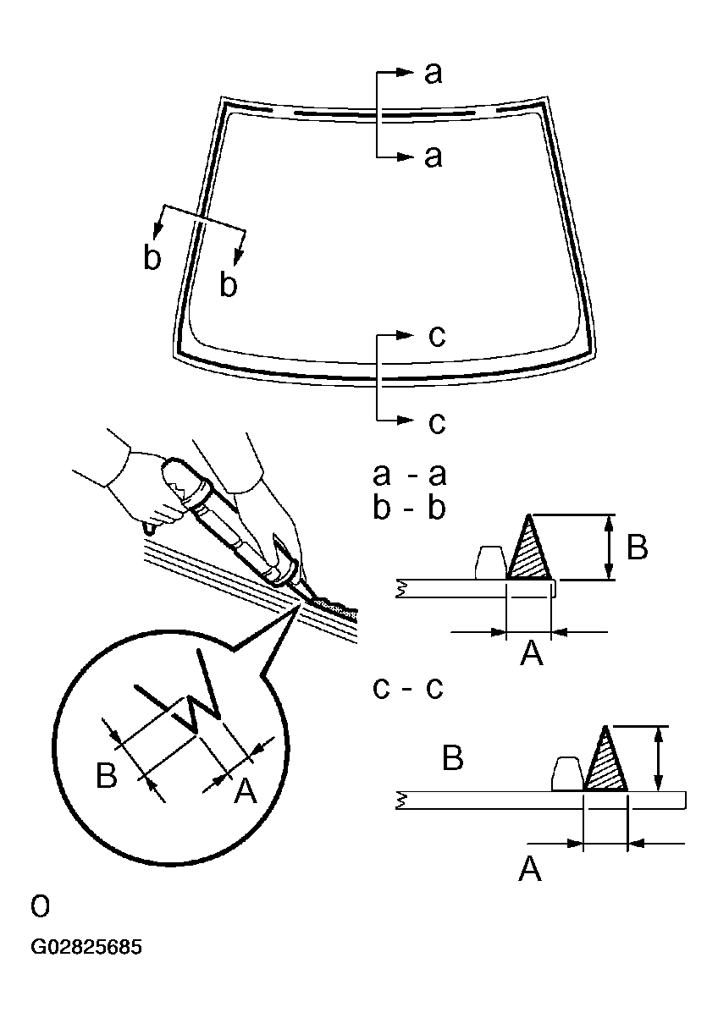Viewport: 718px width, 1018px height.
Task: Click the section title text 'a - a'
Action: point(409,475)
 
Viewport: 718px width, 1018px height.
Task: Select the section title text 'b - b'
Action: point(409,509)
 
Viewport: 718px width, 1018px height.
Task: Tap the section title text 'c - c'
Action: point(409,688)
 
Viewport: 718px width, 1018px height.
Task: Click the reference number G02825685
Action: point(86,946)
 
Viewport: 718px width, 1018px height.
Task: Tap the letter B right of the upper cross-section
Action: point(637,548)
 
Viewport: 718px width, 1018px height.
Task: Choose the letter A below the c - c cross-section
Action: point(530,868)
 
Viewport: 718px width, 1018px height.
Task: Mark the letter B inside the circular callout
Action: point(106,775)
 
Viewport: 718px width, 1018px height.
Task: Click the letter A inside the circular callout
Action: point(244,790)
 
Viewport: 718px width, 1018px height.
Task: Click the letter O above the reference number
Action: point(40,907)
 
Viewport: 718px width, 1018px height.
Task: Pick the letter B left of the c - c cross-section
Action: point(453,759)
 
